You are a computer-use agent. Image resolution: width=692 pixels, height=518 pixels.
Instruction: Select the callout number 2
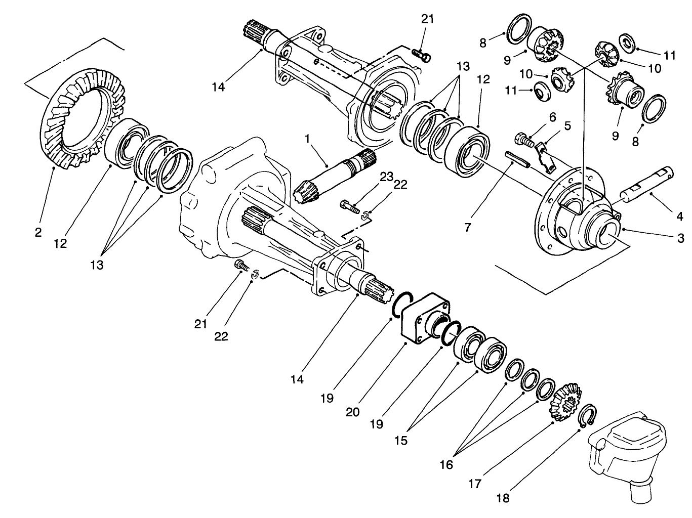(x=38, y=233)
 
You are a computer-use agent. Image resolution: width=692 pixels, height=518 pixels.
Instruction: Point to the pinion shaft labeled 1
(x=334, y=175)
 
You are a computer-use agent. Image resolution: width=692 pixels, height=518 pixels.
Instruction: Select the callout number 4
(x=679, y=217)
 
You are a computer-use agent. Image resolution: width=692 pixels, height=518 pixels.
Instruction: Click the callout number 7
(x=468, y=228)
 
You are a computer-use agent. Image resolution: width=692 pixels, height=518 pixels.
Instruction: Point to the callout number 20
(x=353, y=411)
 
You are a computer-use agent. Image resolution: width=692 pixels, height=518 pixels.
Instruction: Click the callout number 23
(x=387, y=177)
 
